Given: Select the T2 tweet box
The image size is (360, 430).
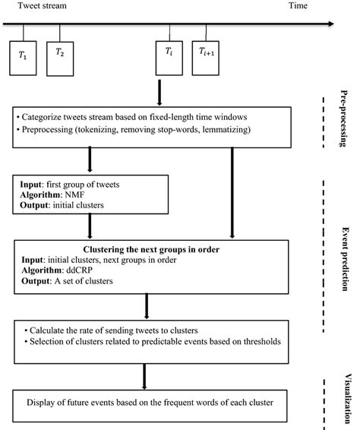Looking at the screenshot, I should [60, 57].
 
